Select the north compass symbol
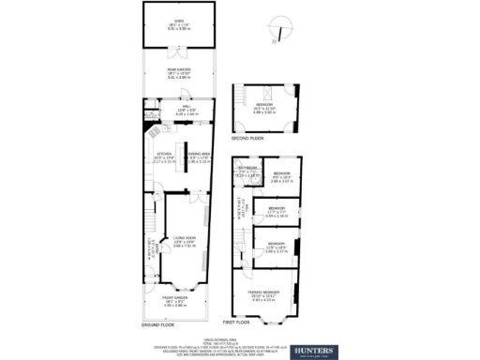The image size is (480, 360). [x=274, y=36]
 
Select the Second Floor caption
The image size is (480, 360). [x=247, y=138]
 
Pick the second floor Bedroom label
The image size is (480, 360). [x=262, y=104]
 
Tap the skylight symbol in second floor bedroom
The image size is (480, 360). [x=265, y=91]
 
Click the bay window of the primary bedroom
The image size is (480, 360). [x=272, y=315]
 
